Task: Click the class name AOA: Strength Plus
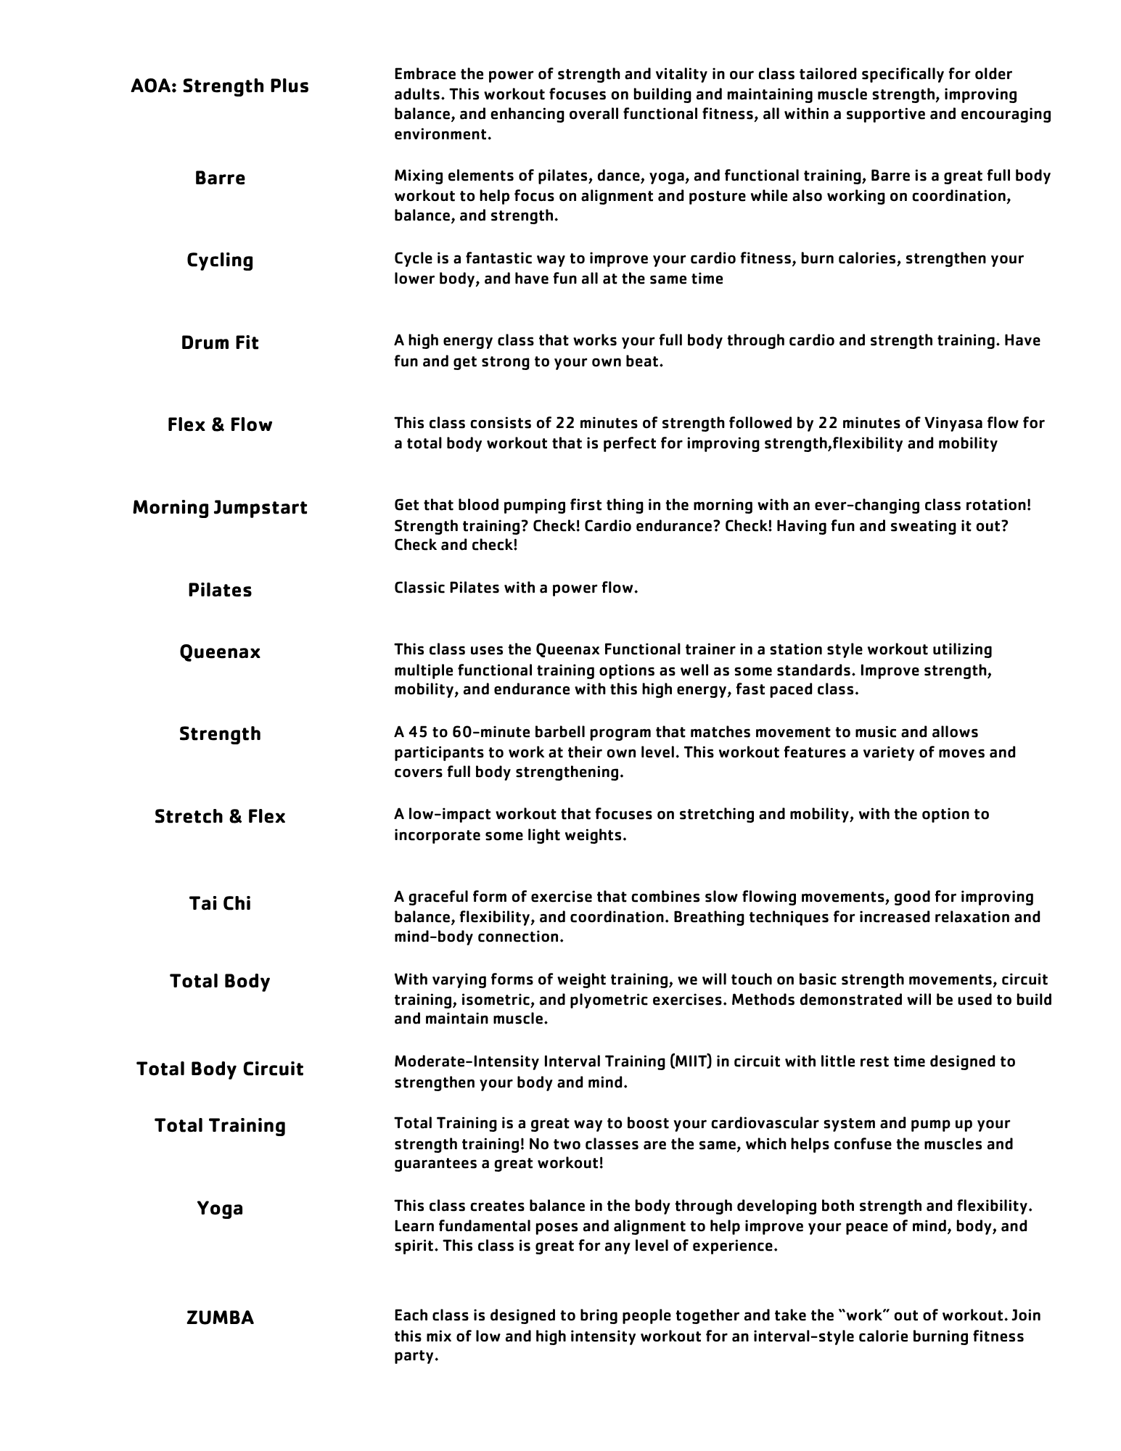click(220, 86)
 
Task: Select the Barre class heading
click(220, 178)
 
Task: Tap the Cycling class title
click(220, 260)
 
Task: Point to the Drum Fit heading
click(220, 342)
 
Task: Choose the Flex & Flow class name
click(220, 424)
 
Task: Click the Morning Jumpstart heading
click(220, 507)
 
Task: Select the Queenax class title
click(220, 651)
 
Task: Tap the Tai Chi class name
click(220, 903)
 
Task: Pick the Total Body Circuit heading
click(220, 1069)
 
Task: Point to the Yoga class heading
click(220, 1208)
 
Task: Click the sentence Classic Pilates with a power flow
click(516, 588)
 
